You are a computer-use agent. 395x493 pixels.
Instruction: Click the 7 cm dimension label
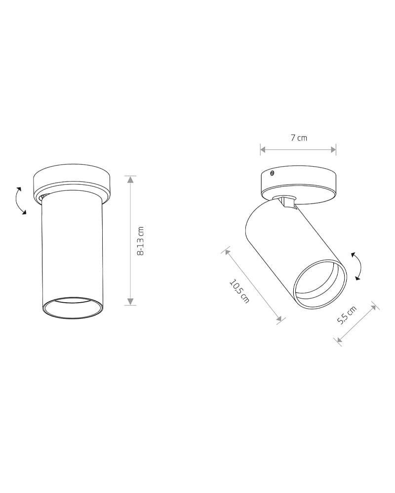coord(298,138)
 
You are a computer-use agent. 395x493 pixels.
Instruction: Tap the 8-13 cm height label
coord(141,241)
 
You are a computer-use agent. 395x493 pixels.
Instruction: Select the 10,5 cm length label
coord(239,291)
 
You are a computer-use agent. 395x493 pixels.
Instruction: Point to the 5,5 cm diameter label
coord(347,315)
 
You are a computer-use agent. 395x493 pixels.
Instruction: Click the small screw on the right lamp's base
coord(272,173)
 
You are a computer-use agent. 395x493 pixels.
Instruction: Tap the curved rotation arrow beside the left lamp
coord(20,201)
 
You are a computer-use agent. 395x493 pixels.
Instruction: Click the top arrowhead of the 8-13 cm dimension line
coord(130,179)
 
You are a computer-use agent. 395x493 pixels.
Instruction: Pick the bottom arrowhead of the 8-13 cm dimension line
coord(130,302)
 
